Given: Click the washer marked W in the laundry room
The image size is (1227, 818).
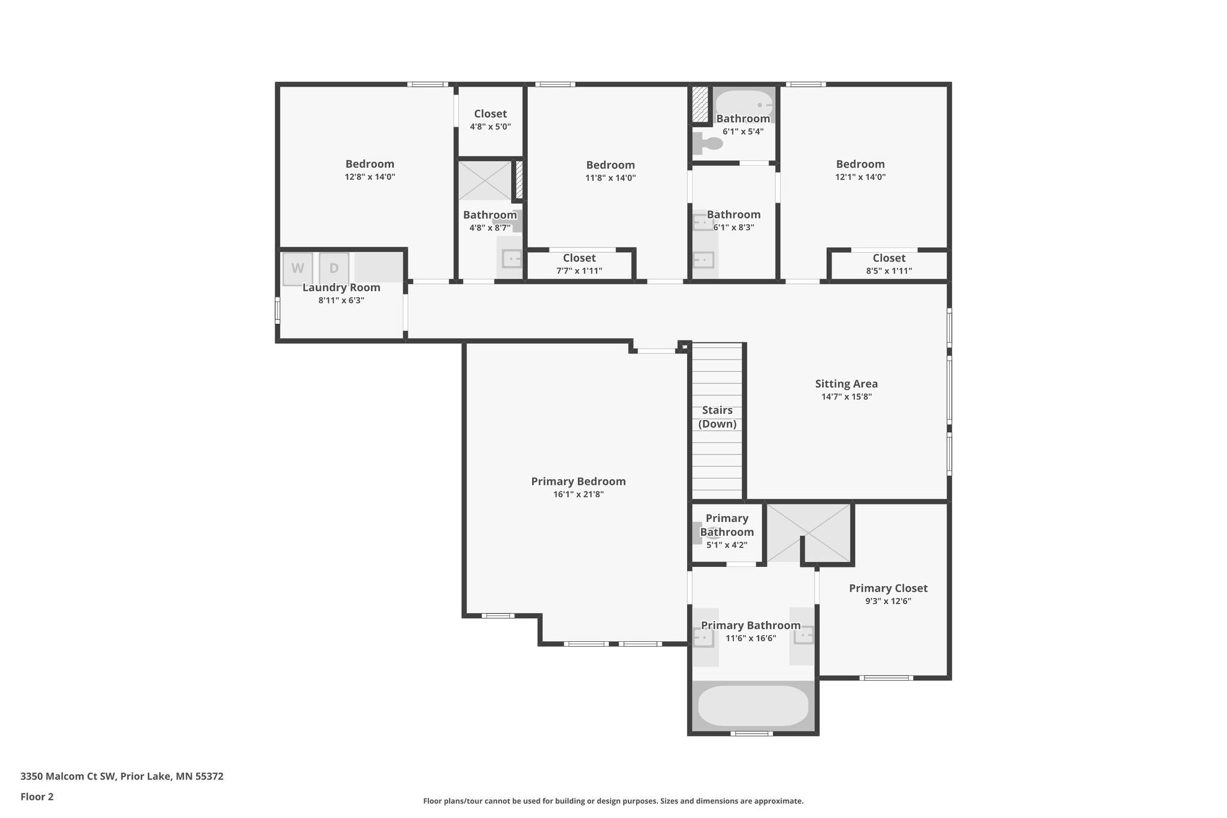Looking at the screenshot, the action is pos(298,268).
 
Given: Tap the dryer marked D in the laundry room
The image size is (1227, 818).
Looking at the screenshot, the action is pos(334,268).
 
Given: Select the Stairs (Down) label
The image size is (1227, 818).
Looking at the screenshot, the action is pos(717,417).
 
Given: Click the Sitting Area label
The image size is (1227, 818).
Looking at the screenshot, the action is pos(846,384).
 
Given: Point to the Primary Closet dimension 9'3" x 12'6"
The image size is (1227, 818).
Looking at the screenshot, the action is pos(888,601).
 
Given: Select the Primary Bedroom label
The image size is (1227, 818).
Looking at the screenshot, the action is pos(578,481).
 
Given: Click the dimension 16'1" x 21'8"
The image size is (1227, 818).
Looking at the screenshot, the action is pos(578,494).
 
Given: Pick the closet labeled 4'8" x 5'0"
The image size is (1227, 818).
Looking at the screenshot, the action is pos(490,120).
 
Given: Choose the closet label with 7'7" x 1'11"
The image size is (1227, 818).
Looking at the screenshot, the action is pos(579,264).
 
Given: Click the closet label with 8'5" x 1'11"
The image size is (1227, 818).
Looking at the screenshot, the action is pos(888,264).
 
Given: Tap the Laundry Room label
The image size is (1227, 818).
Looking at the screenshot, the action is pos(341,288).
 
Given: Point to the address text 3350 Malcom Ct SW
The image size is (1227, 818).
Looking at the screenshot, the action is pos(67,777).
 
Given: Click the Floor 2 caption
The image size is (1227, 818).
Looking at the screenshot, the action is pos(37,797).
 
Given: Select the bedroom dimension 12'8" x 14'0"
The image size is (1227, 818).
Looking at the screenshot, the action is pos(370,177).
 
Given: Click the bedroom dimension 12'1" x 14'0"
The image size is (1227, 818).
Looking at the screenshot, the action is pos(860,177).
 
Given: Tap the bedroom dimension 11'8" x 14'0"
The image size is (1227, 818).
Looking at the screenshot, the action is pos(611,178).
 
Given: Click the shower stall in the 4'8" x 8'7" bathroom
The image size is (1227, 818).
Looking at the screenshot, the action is pos(485,180).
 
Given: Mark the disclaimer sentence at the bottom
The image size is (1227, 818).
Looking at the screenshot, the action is pos(613,801).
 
